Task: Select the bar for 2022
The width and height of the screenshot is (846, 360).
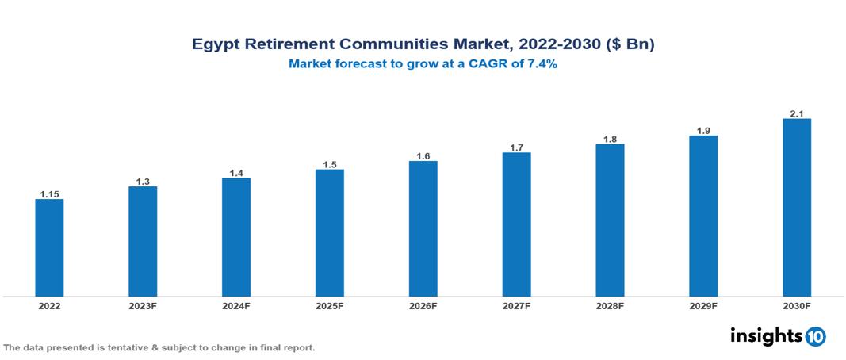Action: (x=49, y=247)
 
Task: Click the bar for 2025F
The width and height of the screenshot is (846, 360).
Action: (x=329, y=233)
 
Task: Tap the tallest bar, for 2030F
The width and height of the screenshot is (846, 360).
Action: (x=796, y=208)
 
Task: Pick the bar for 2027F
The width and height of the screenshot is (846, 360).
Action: (x=516, y=224)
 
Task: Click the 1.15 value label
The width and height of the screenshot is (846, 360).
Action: (x=49, y=193)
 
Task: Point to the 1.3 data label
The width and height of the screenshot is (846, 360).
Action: (x=143, y=181)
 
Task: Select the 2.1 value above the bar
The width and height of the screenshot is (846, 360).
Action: (x=796, y=113)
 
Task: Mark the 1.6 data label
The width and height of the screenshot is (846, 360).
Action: (x=423, y=155)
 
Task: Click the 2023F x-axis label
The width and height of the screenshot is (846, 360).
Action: (x=143, y=306)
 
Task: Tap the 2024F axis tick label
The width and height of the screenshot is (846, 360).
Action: (x=236, y=306)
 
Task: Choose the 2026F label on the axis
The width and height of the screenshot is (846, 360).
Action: (x=423, y=306)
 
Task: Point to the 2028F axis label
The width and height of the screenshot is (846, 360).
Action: (x=610, y=306)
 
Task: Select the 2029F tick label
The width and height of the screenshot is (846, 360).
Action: (x=703, y=306)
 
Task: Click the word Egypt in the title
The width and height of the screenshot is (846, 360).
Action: (x=215, y=45)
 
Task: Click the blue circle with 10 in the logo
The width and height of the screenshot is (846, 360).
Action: (x=815, y=336)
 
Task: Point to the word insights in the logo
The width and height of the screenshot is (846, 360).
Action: (x=766, y=335)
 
